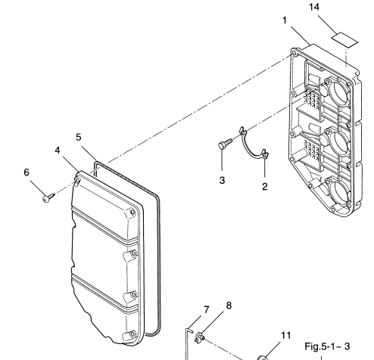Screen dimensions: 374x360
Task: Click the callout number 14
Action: [314, 8]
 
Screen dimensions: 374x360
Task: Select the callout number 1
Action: [285, 20]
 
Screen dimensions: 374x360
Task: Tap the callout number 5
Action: [79, 138]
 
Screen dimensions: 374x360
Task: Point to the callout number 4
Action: [58, 151]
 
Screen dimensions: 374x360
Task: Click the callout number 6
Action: [26, 172]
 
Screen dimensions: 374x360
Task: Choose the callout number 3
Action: [222, 181]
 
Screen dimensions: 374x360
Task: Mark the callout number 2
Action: [264, 187]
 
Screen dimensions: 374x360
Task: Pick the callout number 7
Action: [207, 310]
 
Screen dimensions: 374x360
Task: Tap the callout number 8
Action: [229, 306]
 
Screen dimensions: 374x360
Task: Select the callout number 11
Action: [286, 336]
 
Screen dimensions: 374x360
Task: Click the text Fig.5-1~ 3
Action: [327, 346]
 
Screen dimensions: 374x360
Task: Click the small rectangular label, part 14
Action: [344, 40]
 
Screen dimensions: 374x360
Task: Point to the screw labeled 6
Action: [48, 197]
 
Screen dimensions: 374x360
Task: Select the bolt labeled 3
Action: [225, 143]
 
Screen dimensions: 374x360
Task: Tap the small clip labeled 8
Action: [200, 337]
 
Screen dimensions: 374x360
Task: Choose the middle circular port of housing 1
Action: [337, 141]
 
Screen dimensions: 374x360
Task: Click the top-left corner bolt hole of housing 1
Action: [295, 53]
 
